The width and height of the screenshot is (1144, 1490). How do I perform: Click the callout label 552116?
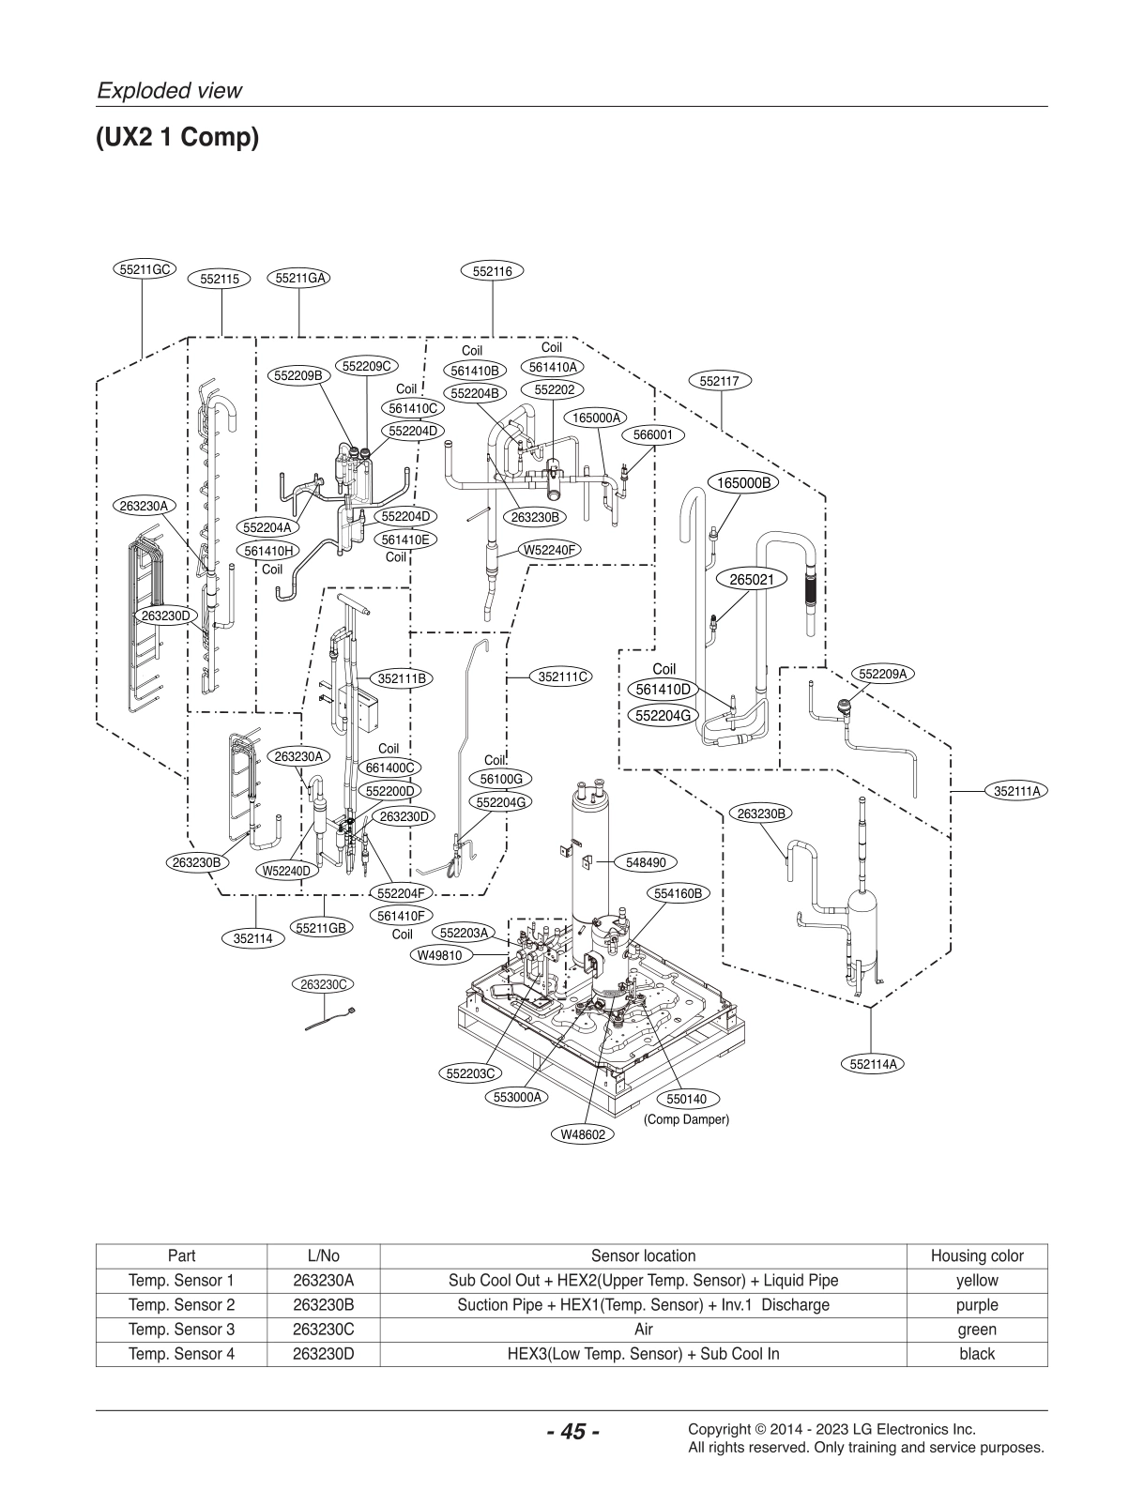[493, 271]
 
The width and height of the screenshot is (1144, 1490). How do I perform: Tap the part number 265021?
[752, 580]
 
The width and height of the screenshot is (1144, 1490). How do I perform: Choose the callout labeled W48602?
[583, 1134]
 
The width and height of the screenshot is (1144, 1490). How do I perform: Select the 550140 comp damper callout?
[686, 1099]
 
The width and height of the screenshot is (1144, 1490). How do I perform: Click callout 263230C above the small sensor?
[323, 984]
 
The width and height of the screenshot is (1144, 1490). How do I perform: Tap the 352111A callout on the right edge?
[1018, 791]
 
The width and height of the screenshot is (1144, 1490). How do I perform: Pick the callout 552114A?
[873, 1063]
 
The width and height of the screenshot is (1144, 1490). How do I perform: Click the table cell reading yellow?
[976, 1280]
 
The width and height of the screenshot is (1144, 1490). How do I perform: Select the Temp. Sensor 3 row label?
[181, 1329]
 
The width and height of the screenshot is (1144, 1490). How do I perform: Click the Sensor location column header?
[643, 1255]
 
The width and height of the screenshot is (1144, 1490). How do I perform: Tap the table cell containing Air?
[643, 1329]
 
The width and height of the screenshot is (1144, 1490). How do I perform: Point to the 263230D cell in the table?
[323, 1353]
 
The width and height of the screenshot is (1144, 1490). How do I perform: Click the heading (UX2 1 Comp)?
[176, 138]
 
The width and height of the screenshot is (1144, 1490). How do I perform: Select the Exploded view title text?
[170, 90]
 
